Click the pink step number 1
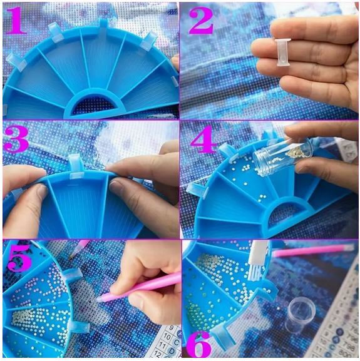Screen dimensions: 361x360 (x=16, y=20)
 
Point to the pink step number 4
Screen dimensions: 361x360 (x=202, y=141)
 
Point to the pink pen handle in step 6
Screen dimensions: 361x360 (x=310, y=252)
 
